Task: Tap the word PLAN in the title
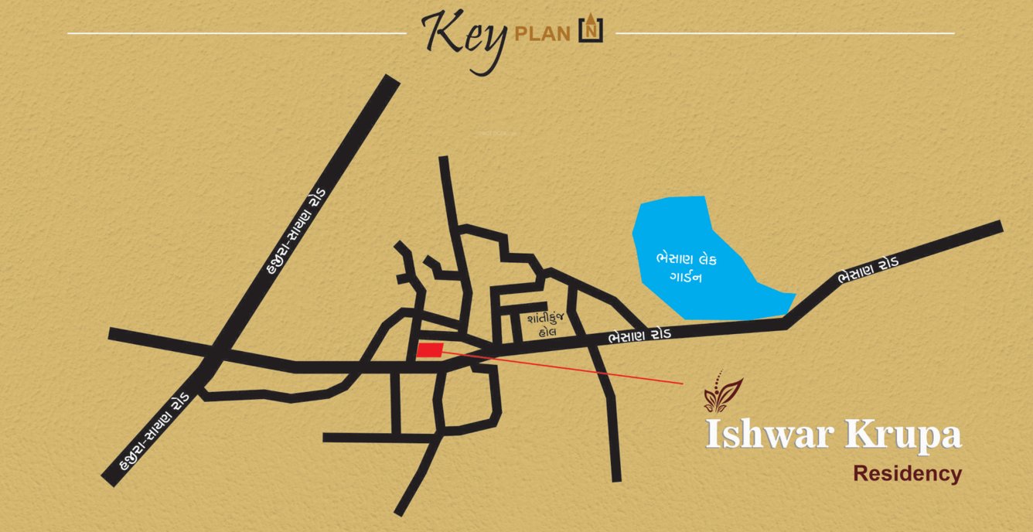click(543, 35)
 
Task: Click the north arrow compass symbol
click(591, 29)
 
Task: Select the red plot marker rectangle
click(430, 350)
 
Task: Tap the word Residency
click(907, 473)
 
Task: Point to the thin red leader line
click(564, 366)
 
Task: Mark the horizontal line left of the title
click(236, 33)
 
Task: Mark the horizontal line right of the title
click(785, 33)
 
